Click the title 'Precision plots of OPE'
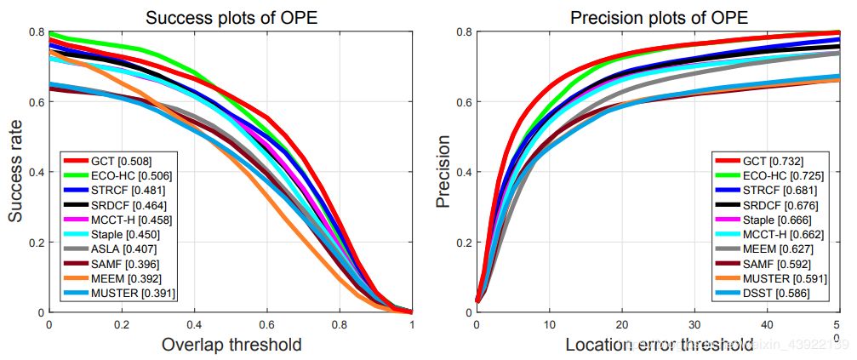pos(659,18)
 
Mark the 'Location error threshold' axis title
pos(659,345)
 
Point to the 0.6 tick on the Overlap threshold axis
pos(266,324)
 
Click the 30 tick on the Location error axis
pos(694,324)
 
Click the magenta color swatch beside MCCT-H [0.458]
pos(78,220)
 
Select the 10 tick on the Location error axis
pos(549,324)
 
